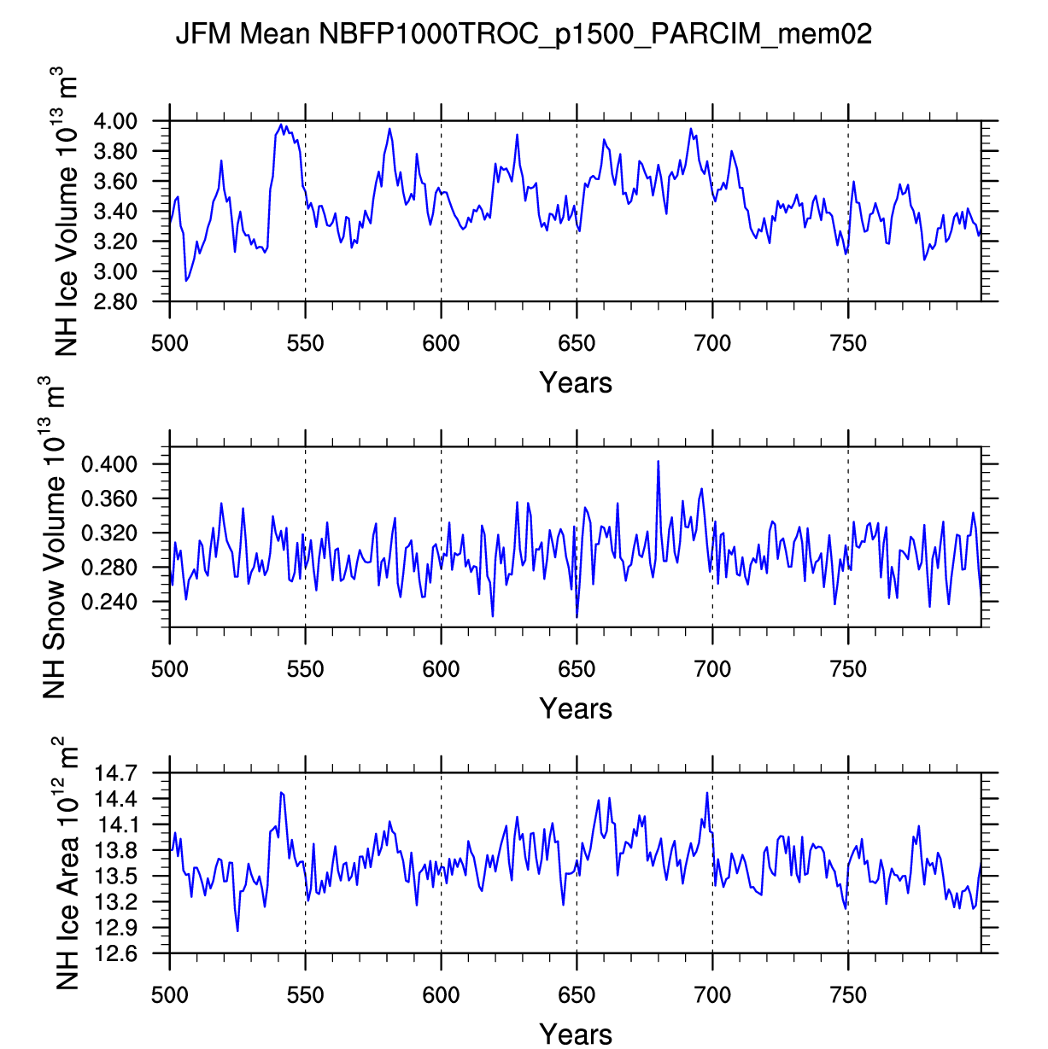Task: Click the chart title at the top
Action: click(x=523, y=34)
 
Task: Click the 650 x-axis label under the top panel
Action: click(x=577, y=344)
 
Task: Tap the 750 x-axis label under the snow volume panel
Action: click(x=847, y=670)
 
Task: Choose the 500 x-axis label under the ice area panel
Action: click(x=170, y=995)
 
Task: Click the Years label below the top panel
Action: click(x=576, y=383)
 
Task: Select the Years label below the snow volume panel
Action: click(x=576, y=709)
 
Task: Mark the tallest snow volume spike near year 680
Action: click(x=658, y=462)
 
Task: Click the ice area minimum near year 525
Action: click(x=237, y=930)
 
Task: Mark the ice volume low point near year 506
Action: click(x=186, y=281)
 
